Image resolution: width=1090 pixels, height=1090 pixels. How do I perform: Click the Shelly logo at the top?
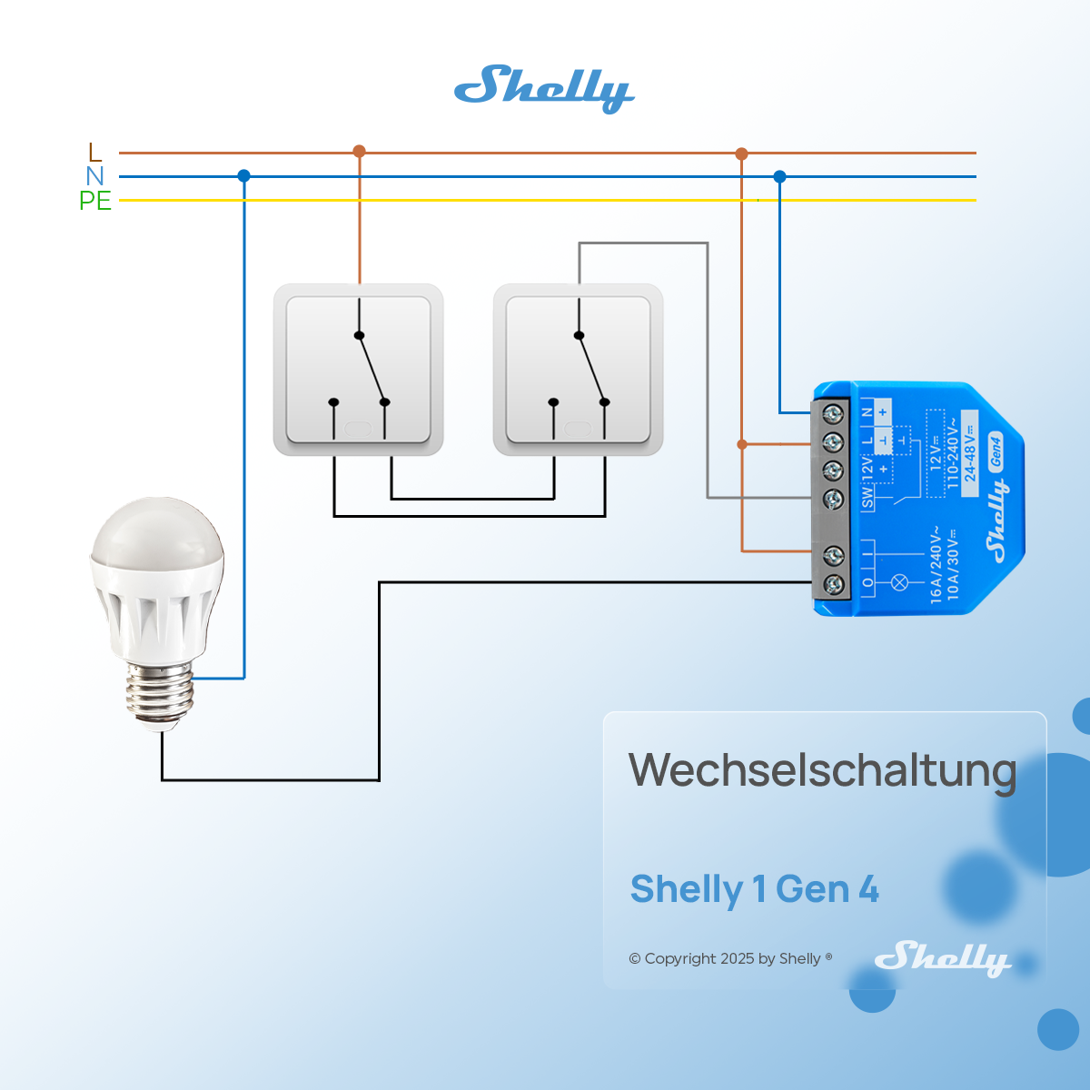[543, 88]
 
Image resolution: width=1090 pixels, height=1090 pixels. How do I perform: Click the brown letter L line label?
[95, 153]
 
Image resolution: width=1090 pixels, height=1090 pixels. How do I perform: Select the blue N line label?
[95, 176]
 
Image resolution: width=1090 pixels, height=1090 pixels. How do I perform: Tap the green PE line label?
[95, 201]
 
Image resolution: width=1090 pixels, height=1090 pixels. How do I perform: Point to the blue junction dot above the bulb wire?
[243, 176]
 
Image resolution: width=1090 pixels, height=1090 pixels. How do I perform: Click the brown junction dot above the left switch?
[359, 152]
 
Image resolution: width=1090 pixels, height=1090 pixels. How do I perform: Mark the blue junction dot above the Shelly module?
[779, 176]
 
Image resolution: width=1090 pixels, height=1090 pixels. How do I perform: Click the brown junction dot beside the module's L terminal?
[742, 444]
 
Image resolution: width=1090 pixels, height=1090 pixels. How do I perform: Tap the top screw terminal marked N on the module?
[833, 414]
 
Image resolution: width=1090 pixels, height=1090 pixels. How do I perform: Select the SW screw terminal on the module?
[833, 499]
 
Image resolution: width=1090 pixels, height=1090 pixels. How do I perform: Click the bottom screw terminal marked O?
[833, 583]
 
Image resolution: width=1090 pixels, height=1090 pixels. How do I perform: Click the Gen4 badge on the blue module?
[996, 451]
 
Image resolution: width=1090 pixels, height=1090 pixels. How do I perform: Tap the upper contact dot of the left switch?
[359, 336]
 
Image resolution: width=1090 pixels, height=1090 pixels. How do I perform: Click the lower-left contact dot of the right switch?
[553, 402]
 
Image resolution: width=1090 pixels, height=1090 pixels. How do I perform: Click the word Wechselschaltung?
[822, 770]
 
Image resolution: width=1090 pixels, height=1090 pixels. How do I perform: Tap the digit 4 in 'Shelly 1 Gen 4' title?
[868, 889]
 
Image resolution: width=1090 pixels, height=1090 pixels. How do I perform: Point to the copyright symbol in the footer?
[635, 959]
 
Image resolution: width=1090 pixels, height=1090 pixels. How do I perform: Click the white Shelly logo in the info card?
[942, 958]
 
